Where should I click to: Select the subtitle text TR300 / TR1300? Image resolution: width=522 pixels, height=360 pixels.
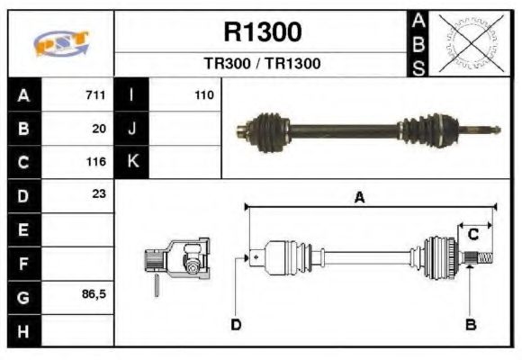point(262,65)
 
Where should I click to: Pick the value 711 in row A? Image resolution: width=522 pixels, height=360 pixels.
point(95,95)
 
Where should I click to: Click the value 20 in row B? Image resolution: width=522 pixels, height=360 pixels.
point(99,129)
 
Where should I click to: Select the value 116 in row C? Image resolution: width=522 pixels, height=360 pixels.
point(95,162)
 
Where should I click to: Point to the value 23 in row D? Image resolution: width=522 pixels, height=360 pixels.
point(99,193)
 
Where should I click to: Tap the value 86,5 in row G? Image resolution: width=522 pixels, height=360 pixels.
point(94,294)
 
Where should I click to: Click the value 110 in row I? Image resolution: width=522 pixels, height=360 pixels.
point(203,95)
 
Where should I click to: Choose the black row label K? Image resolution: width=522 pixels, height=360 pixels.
point(131,162)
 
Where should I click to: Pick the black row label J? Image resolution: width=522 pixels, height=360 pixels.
point(131,129)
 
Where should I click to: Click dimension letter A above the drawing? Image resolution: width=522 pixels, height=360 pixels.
point(359,199)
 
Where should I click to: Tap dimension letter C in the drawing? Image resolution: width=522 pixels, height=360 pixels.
point(472,234)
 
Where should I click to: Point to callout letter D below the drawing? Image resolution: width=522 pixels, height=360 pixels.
point(236,324)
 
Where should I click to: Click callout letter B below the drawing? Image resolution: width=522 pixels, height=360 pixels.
point(471,324)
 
